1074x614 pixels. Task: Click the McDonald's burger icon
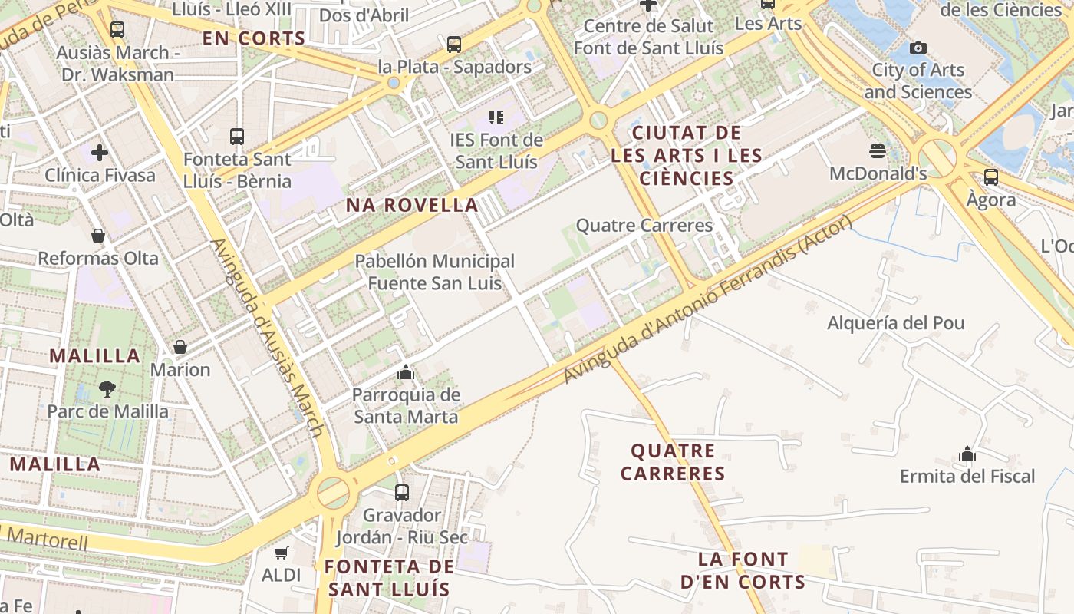(x=878, y=150)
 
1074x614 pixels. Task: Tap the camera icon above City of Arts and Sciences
(x=918, y=48)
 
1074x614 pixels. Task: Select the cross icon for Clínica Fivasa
(x=100, y=153)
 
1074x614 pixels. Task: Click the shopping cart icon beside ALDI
(x=282, y=553)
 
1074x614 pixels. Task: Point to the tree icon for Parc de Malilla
(x=107, y=389)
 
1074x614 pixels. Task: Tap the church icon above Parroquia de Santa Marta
(x=406, y=373)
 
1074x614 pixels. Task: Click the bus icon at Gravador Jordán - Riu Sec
(x=401, y=492)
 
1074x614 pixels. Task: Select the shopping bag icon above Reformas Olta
(x=98, y=236)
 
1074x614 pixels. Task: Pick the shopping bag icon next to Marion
(x=180, y=347)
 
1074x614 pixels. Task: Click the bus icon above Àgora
(x=991, y=177)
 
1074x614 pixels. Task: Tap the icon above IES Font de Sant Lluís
(x=496, y=117)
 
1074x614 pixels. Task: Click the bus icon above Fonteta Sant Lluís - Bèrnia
(x=237, y=137)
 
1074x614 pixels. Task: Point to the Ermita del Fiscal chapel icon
(x=967, y=454)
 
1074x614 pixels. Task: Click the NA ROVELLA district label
(x=412, y=205)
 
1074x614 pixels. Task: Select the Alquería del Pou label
(x=895, y=323)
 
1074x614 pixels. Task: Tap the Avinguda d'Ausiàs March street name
(x=265, y=338)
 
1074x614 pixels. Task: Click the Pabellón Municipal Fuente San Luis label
(x=434, y=272)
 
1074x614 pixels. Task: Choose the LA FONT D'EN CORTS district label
(x=743, y=570)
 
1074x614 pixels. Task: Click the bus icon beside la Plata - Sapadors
(x=454, y=45)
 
